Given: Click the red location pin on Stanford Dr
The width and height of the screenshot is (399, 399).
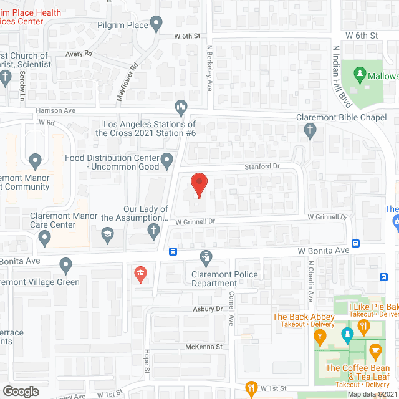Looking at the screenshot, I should pyautogui.click(x=198, y=184).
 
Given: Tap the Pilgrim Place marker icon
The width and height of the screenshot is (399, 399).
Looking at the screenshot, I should pyautogui.click(x=156, y=26).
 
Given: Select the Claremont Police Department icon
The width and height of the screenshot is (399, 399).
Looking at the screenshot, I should pyautogui.click(x=204, y=256).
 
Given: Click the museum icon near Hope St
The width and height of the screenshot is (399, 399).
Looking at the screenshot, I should pyautogui.click(x=140, y=273).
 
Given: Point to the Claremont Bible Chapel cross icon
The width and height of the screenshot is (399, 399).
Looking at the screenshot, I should pyautogui.click(x=310, y=131).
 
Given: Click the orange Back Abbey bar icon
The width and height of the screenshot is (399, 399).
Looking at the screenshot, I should pyautogui.click(x=320, y=337).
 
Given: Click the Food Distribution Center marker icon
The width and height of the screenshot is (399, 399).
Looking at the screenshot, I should pyautogui.click(x=166, y=162).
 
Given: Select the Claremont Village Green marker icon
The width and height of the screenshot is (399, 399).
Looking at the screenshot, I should pyautogui.click(x=65, y=266).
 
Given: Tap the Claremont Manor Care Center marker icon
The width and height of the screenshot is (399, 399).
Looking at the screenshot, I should pyautogui.click(x=44, y=236).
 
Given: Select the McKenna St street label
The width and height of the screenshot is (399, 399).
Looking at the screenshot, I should pyautogui.click(x=203, y=346).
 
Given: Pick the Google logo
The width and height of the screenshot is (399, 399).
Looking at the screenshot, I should pyautogui.click(x=20, y=391).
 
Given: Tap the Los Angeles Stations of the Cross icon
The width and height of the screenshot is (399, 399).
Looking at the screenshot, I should pyautogui.click(x=181, y=108).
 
